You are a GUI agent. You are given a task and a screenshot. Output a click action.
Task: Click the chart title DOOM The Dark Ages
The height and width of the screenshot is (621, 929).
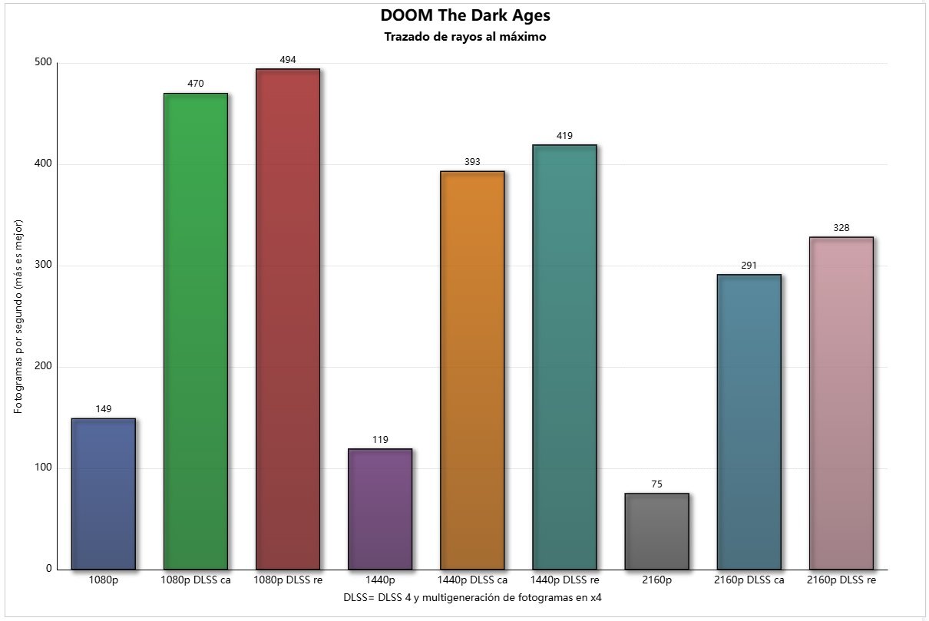coord(464,15)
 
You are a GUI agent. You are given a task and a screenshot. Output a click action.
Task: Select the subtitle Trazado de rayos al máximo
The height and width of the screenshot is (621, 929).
coord(464,37)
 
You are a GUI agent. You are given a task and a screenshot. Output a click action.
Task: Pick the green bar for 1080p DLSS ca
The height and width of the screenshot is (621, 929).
coord(196,331)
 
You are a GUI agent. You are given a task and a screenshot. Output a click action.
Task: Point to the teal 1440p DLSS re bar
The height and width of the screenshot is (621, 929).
coord(564,357)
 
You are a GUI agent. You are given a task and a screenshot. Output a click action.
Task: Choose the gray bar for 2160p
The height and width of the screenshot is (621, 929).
coord(656,531)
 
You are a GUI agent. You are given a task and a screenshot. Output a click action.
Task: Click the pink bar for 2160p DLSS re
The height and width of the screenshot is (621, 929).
coord(841,403)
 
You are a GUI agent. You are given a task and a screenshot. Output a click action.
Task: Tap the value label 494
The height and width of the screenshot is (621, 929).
coord(288,59)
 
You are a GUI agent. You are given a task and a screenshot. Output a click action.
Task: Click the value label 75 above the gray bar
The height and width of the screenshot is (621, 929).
coord(656,484)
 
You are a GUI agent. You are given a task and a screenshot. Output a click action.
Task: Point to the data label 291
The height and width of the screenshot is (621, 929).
coord(749,266)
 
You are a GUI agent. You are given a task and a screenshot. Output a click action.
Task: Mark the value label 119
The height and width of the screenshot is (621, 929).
coord(380,440)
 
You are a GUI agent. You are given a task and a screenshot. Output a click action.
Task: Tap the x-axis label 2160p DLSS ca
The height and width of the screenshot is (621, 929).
coord(749,580)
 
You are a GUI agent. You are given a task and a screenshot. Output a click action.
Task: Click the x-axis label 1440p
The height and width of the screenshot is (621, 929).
coord(380,580)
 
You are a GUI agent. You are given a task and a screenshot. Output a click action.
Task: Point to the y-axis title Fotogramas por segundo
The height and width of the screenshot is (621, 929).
coord(18,316)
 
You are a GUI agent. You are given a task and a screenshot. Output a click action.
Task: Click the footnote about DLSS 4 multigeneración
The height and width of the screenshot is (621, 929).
coord(472,596)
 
